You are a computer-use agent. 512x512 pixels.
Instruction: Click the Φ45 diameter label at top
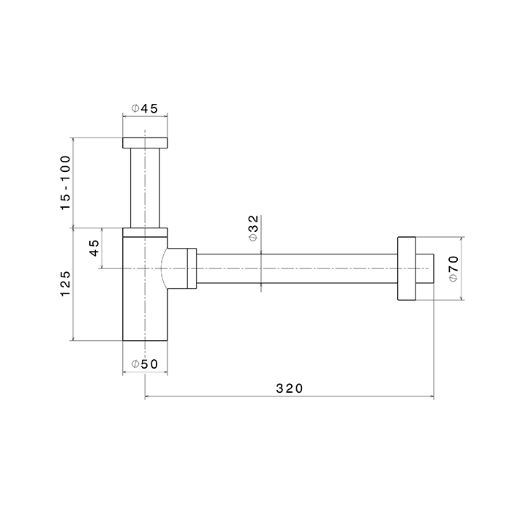coord(145,108)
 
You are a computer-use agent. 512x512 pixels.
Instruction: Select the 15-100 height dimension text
coord(65,183)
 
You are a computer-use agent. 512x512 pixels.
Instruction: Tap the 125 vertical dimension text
coord(65,284)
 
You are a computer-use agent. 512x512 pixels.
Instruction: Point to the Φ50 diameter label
coord(145,364)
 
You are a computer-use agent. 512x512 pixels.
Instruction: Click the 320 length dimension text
coord(290,388)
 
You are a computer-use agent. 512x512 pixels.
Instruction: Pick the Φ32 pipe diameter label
coord(253,228)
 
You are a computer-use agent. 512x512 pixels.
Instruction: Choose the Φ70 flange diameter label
coord(453,268)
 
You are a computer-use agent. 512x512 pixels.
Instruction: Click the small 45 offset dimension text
coord(94,248)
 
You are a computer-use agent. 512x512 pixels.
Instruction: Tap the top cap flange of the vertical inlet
coord(145,143)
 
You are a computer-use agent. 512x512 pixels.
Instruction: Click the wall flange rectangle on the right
coord(407,268)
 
